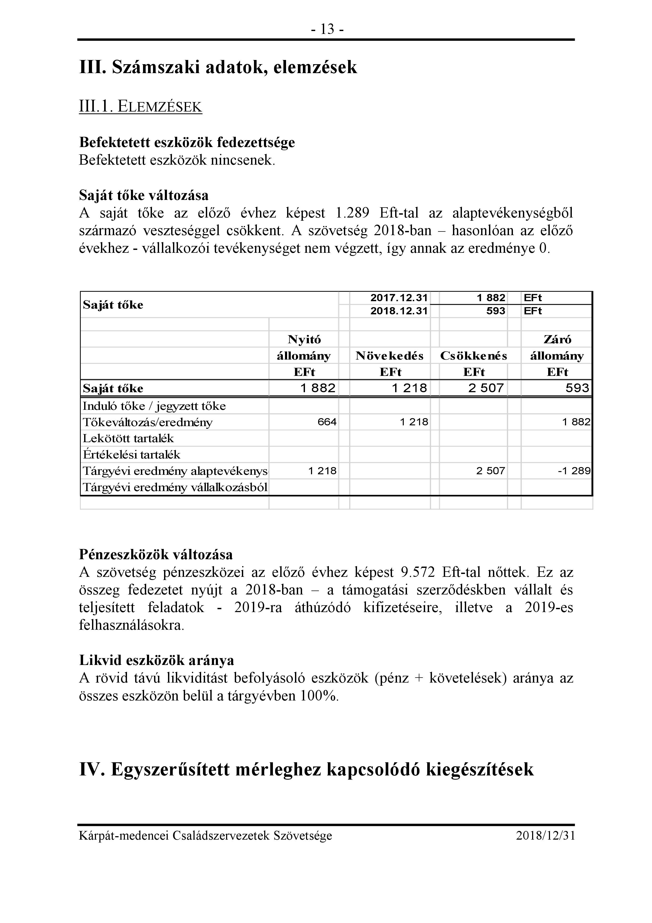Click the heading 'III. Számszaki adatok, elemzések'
[218, 67]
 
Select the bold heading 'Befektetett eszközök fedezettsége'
[187, 142]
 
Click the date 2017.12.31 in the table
[399, 298]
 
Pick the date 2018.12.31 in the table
[399, 311]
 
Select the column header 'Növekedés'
[390, 356]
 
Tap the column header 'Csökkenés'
[474, 356]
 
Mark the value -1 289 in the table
[574, 471]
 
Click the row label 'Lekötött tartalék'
[128, 438]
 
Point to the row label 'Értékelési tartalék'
[131, 455]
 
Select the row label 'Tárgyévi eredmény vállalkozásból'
[175, 487]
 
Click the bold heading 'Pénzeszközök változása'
[156, 554]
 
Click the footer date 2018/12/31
[545, 836]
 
